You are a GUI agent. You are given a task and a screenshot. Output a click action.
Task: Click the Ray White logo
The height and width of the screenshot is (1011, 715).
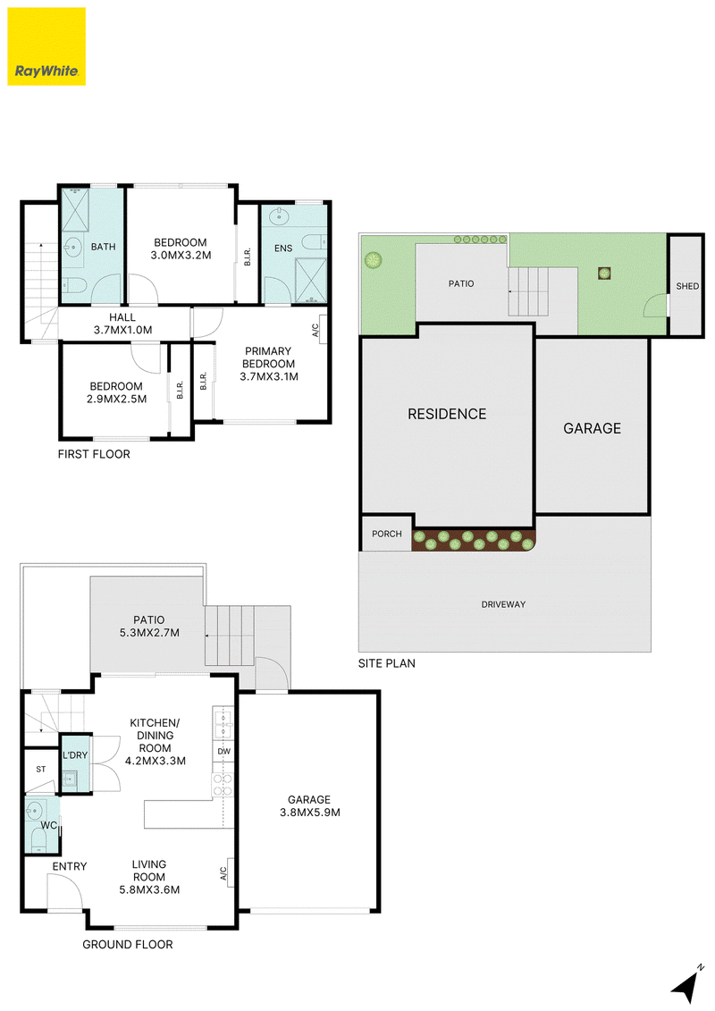(x=46, y=46)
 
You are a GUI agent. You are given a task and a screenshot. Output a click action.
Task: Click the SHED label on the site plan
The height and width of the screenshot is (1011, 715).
(x=687, y=286)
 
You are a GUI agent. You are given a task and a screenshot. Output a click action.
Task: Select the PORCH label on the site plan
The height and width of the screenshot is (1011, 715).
(x=387, y=534)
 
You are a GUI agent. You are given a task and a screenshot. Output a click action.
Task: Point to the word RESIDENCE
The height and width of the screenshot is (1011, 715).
(x=447, y=414)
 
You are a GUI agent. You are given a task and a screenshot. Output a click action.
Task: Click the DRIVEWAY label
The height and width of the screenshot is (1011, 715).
(x=503, y=605)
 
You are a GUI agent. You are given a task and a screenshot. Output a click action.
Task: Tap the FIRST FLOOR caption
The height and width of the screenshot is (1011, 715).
(x=94, y=454)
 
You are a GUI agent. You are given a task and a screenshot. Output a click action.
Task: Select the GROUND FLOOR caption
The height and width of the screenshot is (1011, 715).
(x=128, y=945)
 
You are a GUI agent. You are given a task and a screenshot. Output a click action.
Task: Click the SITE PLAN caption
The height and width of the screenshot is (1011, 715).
(x=387, y=663)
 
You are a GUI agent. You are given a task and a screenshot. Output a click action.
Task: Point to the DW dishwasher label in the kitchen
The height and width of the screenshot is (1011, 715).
(x=223, y=752)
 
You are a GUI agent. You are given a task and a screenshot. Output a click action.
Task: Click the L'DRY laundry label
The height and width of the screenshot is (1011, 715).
(x=75, y=755)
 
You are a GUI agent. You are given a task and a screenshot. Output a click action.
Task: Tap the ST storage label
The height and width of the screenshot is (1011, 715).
(x=41, y=770)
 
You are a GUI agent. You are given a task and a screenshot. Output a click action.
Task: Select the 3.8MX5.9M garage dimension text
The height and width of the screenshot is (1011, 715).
(x=310, y=813)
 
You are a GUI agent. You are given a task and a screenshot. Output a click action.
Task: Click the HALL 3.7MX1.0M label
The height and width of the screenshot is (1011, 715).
(x=122, y=324)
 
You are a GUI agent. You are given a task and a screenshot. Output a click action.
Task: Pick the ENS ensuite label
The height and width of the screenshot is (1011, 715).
(x=283, y=249)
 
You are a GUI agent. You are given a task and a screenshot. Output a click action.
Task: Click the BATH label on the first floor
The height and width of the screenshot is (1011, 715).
(x=103, y=247)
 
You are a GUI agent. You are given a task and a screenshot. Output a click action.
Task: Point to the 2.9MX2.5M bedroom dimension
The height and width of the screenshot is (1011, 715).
(x=117, y=399)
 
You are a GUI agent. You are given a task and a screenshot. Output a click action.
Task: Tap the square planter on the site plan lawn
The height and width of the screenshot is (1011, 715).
(x=604, y=274)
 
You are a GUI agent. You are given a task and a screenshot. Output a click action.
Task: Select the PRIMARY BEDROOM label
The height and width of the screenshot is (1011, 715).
(x=269, y=358)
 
